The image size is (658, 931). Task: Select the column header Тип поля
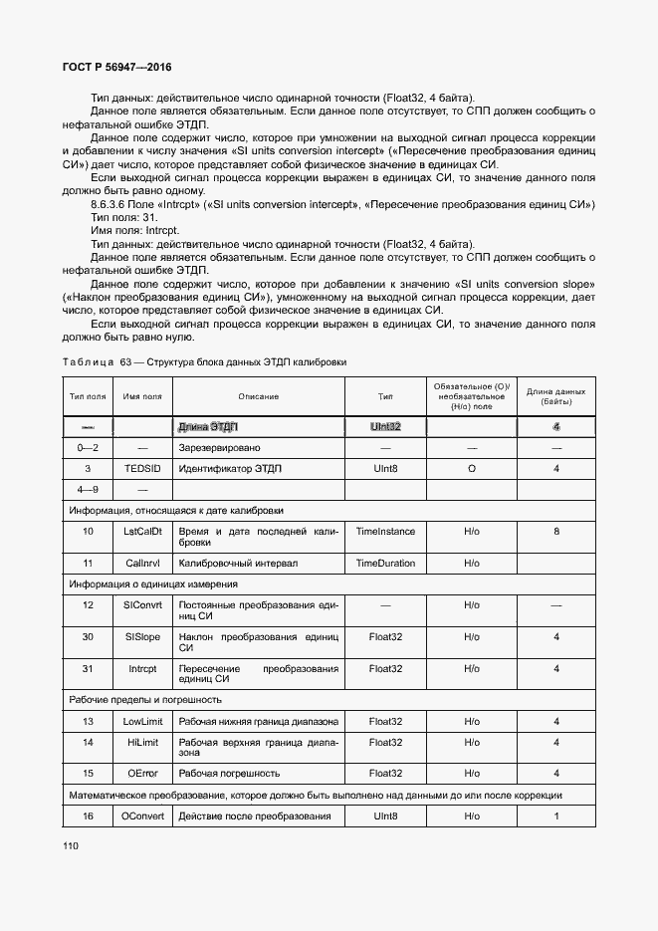88,396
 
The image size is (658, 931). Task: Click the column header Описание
258,396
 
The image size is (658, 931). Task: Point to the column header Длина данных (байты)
555,396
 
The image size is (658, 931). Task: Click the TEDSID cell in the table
142,468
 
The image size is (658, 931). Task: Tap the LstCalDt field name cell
142,532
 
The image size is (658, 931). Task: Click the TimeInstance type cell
385,532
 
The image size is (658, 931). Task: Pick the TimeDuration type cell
385,563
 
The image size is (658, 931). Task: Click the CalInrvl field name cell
142,563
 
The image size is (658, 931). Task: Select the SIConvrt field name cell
142,604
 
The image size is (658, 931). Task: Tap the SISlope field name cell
142,636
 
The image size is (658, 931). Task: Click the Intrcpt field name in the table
142,668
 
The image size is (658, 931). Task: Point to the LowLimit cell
142,721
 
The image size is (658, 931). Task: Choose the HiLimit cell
142,742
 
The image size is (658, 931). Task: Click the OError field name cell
142,773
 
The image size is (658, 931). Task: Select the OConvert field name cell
142,816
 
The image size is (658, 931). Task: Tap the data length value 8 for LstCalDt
555,532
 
